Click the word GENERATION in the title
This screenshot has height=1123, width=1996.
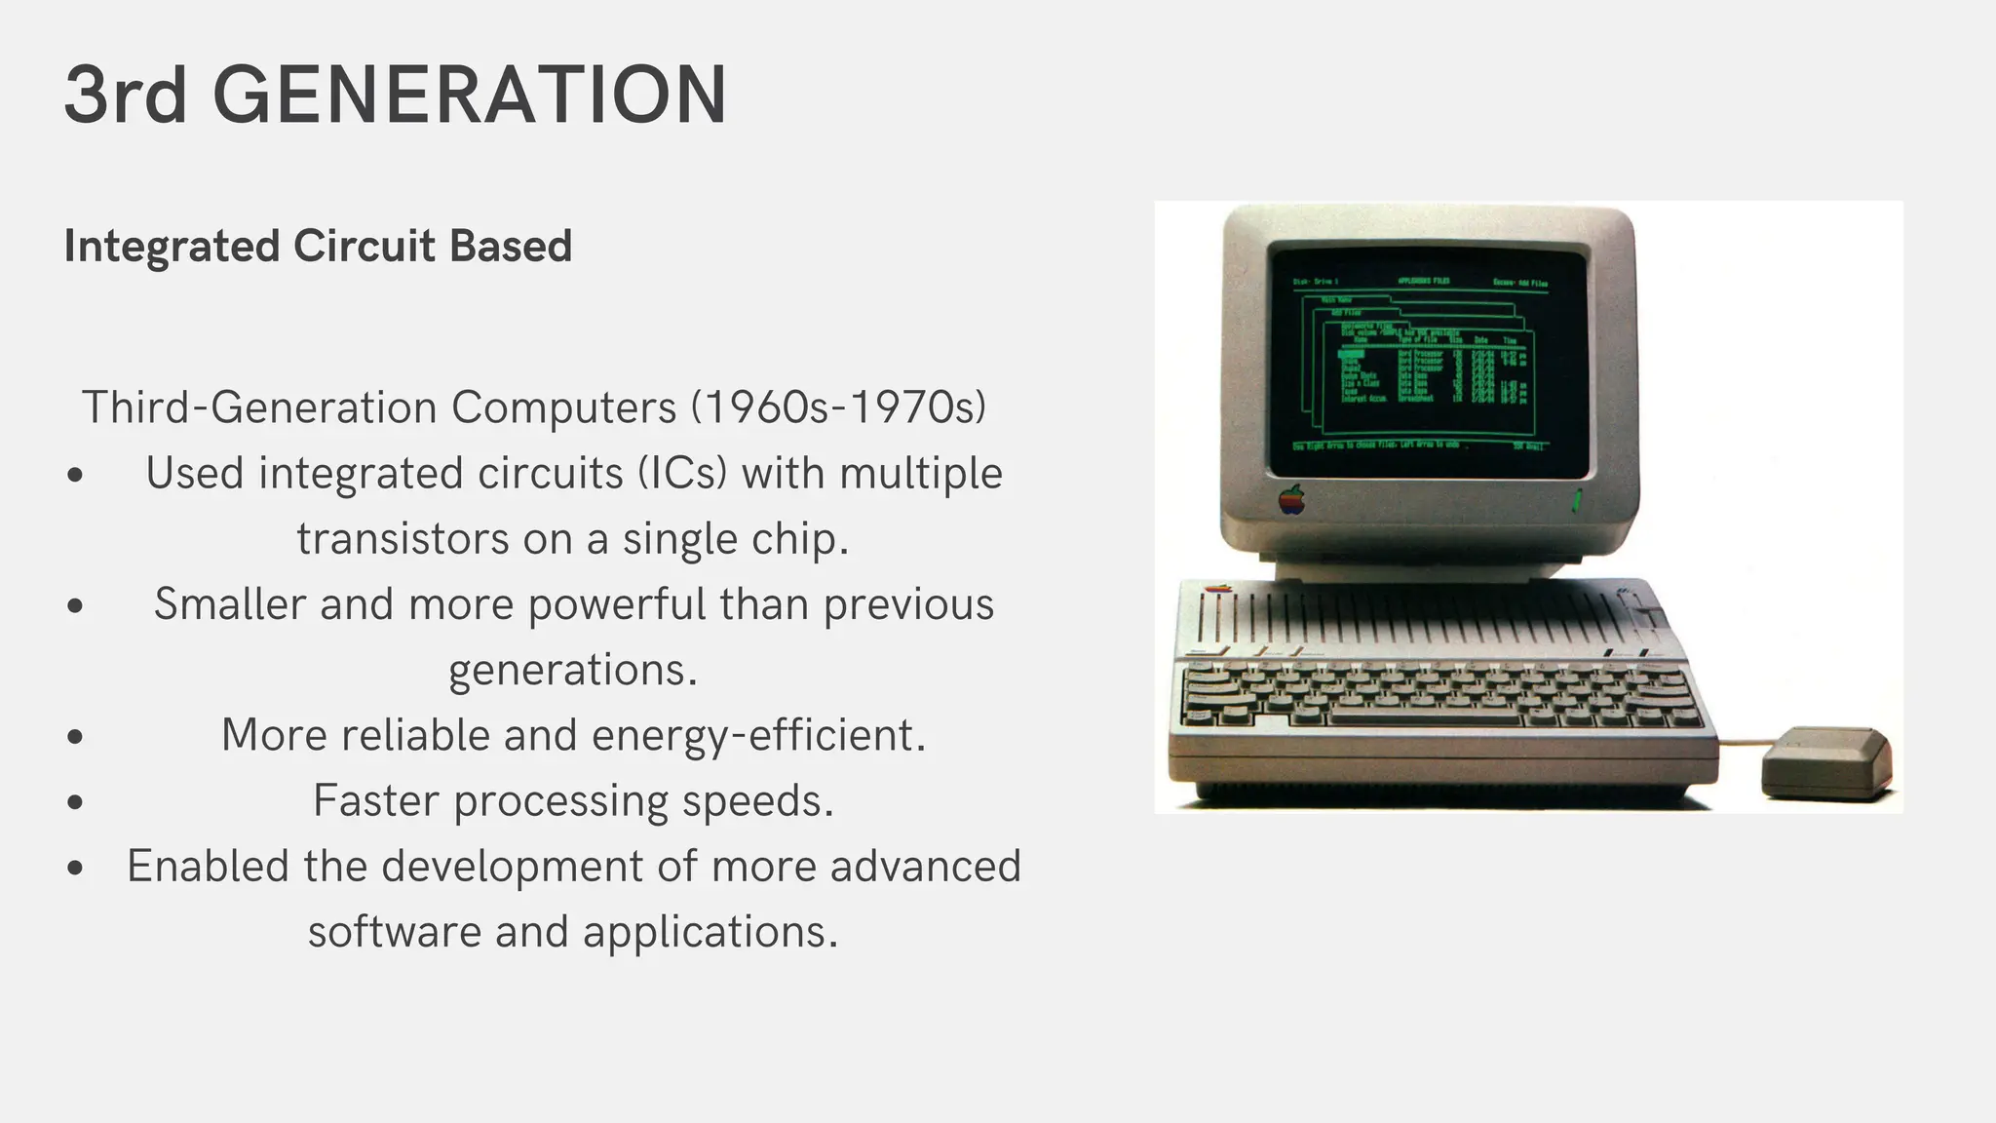pos(470,96)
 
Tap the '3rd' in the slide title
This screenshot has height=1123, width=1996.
pos(125,96)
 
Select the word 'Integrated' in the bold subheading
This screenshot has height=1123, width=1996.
pos(173,246)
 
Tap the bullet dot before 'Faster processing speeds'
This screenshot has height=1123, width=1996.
pos(76,802)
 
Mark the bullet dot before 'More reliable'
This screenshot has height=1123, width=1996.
pos(76,737)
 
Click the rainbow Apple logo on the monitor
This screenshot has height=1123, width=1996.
pos(1291,499)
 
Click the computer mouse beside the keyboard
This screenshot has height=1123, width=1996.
pos(1826,762)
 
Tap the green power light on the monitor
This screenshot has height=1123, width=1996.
pos(1576,503)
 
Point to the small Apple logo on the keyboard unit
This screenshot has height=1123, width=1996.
pos(1217,589)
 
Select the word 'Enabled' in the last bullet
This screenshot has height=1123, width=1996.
pos(208,867)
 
